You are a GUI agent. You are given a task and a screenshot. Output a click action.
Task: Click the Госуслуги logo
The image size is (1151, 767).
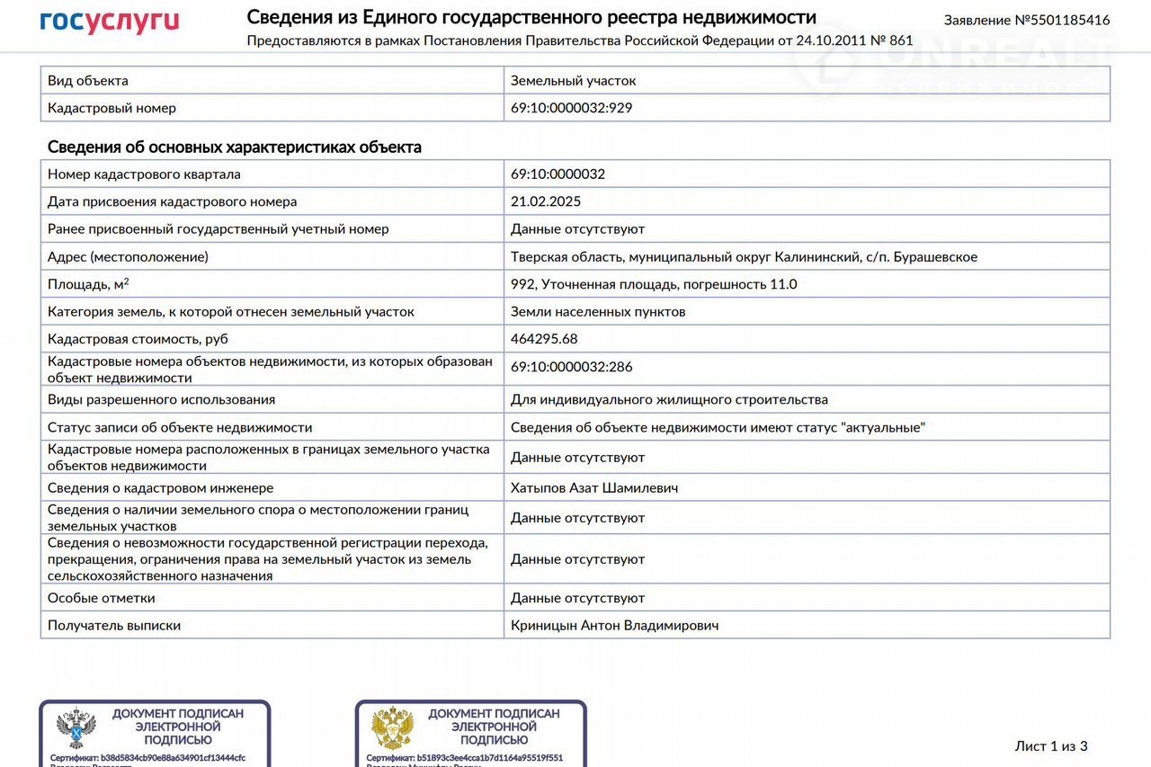click(109, 22)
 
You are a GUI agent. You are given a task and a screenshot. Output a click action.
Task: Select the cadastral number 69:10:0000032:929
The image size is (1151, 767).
click(571, 108)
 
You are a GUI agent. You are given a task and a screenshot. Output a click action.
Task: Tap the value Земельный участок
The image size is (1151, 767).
click(573, 81)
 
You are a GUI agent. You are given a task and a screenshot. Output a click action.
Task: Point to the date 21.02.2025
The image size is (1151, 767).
click(546, 201)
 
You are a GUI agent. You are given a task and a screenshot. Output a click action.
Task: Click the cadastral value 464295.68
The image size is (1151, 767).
click(544, 339)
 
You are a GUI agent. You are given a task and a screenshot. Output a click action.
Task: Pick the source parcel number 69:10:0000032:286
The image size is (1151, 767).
click(571, 367)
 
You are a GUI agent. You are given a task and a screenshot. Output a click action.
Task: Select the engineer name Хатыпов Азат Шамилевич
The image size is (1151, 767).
click(594, 487)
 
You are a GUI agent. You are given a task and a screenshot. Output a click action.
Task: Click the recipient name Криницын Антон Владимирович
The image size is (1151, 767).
click(614, 625)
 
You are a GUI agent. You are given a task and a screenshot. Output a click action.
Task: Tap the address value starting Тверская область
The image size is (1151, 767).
click(744, 257)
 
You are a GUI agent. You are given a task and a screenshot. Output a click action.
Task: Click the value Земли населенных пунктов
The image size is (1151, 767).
click(598, 312)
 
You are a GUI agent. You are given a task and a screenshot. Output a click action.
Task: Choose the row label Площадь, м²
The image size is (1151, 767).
click(88, 284)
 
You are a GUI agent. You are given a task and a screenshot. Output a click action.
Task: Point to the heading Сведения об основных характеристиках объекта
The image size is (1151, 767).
click(234, 147)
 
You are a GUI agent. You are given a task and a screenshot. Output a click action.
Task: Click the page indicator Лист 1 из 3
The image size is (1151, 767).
click(1050, 745)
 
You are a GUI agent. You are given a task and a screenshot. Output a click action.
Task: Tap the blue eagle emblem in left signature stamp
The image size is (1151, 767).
click(76, 728)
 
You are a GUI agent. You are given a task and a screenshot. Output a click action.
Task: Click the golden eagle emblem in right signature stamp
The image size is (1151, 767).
click(392, 728)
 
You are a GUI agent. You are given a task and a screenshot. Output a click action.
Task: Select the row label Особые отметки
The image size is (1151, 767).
click(101, 598)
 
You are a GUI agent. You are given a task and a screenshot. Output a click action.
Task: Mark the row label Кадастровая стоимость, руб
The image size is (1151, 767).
click(138, 339)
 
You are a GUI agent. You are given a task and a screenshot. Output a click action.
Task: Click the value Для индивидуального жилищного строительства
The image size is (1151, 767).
click(669, 399)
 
